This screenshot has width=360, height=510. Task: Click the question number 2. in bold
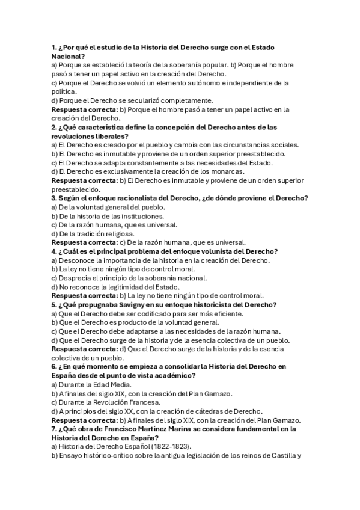pos(54,127)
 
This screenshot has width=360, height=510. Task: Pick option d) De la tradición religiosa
pos(93,234)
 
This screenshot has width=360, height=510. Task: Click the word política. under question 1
pos(64,91)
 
